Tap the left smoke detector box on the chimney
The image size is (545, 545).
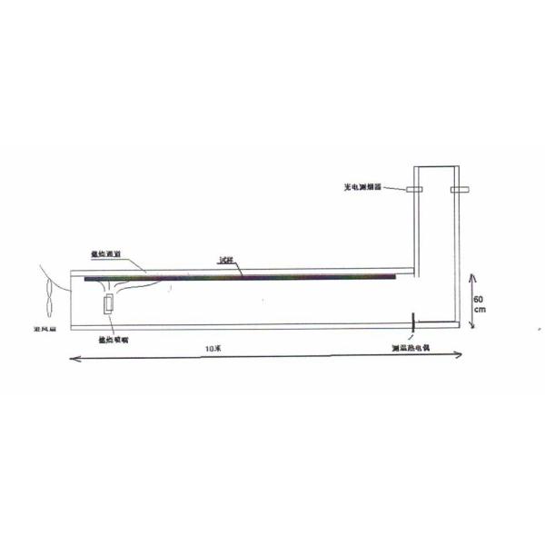click(x=414, y=190)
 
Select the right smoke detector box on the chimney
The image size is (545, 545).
click(x=458, y=190)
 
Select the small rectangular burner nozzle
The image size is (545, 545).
click(x=111, y=304)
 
